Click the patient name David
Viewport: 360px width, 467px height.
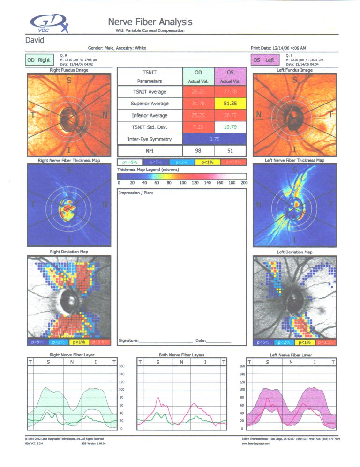tap(35, 40)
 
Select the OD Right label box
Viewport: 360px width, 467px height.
tap(38, 60)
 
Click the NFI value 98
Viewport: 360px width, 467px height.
tap(198, 151)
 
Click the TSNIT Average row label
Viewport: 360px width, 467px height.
tap(149, 92)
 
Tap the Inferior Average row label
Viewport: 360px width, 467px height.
tap(149, 115)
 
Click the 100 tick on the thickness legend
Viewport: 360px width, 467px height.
tap(182, 183)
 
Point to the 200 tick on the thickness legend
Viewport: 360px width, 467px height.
tap(244, 183)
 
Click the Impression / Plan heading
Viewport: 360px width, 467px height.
tap(136, 193)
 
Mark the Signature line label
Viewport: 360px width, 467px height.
tap(128, 341)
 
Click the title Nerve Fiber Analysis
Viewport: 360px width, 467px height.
tap(150, 22)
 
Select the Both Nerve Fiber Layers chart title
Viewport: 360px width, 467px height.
tap(181, 355)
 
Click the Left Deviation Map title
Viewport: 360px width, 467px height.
tap(295, 252)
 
